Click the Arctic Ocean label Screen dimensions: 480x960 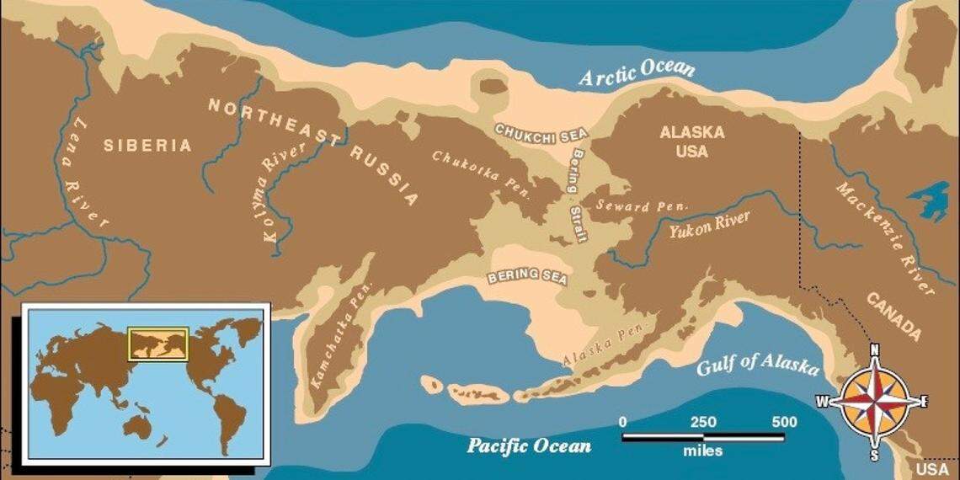click(x=637, y=72)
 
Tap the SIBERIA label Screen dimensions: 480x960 click(x=147, y=146)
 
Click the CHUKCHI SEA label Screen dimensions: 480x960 click(x=541, y=134)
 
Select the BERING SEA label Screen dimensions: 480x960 click(x=527, y=279)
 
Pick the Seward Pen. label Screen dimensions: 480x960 click(x=642, y=205)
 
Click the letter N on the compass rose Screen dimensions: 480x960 click(x=874, y=350)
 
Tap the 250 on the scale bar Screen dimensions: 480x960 click(x=704, y=422)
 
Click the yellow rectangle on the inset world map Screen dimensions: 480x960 click(x=157, y=344)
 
